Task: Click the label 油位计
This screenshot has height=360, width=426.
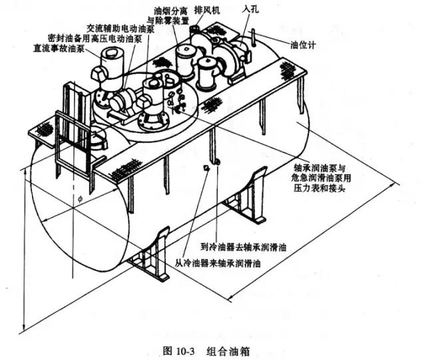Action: [303, 45]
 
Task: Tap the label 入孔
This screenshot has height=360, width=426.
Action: [250, 10]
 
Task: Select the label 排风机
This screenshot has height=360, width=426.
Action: [207, 11]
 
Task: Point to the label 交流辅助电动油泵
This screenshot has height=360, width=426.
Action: [120, 28]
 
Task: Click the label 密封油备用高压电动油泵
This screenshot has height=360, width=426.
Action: [95, 39]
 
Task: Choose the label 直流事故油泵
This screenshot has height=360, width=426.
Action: [59, 49]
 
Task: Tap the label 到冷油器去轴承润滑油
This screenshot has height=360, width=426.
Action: [244, 247]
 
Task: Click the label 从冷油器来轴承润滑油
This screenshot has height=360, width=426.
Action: [218, 263]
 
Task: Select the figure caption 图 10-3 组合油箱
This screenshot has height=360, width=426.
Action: [206, 351]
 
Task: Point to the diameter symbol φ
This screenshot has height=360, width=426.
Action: [80, 199]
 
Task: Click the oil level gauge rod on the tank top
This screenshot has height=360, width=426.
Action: [253, 39]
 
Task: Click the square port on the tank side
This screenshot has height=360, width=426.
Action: [207, 168]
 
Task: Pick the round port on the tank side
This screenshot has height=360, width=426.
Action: [218, 162]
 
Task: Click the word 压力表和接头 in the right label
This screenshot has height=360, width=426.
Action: [319, 188]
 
